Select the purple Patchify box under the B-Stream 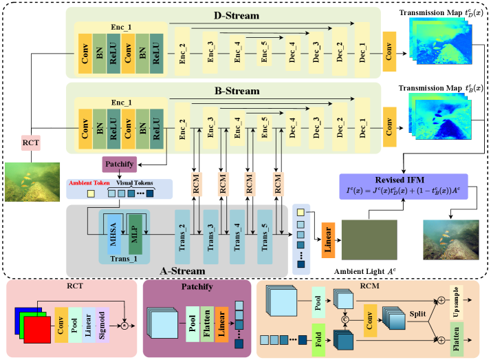120,165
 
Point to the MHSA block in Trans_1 113,233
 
